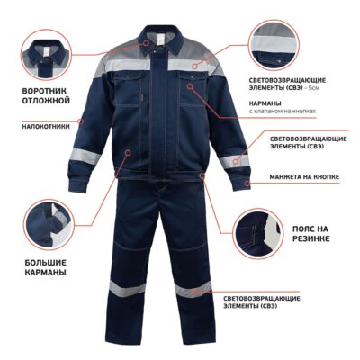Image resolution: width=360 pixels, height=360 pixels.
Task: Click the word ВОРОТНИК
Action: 44,91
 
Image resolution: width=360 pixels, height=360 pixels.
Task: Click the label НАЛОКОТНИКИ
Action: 46,126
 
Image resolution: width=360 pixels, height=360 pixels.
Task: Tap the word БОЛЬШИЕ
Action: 46,263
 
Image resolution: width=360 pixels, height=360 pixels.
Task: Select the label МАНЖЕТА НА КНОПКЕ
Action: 304,177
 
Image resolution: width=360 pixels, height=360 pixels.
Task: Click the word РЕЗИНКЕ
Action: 310,238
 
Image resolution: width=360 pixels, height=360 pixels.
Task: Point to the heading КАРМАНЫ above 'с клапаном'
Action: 265,103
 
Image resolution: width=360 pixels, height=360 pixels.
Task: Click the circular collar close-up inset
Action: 48,54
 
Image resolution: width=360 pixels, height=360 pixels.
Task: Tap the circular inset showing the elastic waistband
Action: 257,234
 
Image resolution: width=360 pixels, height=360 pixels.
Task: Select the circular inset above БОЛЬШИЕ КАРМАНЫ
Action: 49,225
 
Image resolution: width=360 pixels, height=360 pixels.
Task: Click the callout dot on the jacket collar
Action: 146,42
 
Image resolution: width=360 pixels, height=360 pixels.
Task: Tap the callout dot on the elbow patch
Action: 80,121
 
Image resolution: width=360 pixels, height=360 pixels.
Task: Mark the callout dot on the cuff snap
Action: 247,184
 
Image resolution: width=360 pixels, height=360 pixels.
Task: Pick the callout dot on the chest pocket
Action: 189,86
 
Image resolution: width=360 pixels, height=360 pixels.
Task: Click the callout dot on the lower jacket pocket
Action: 128,153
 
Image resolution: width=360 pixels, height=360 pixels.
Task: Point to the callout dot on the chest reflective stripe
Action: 195,67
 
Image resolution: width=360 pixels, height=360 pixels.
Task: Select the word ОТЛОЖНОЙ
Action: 46,101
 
